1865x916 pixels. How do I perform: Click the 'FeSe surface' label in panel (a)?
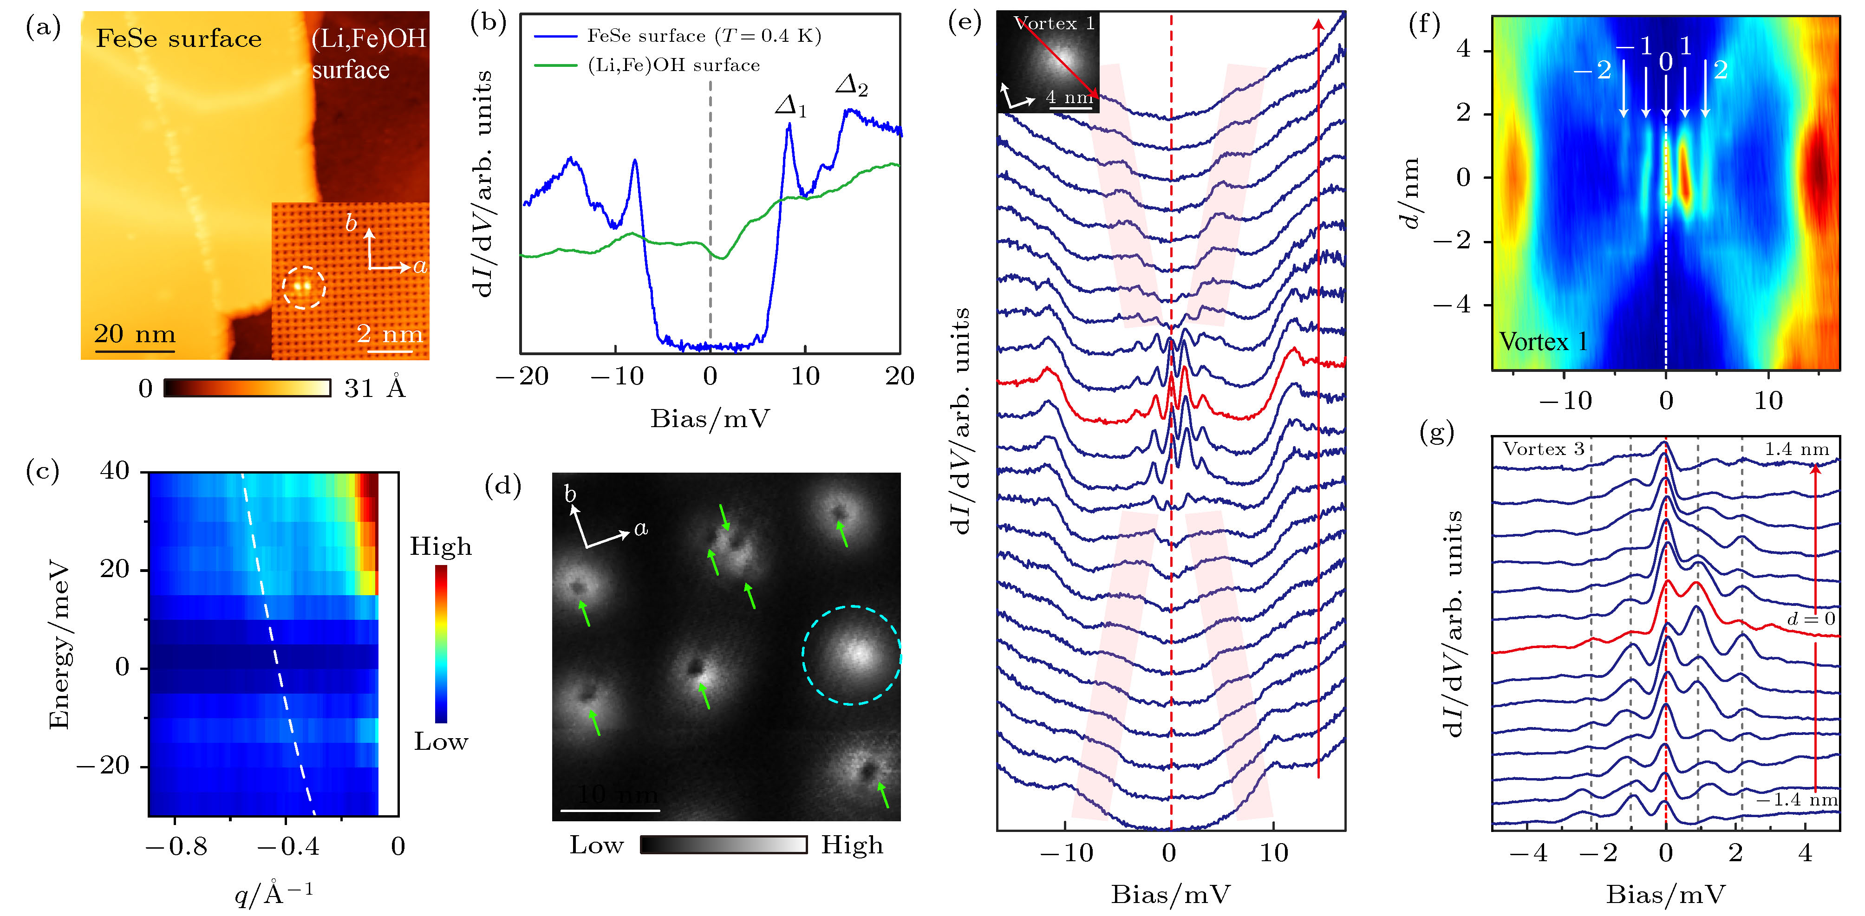coord(179,39)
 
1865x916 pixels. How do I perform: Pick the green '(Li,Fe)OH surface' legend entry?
coord(673,65)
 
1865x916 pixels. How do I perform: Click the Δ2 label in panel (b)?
coord(851,86)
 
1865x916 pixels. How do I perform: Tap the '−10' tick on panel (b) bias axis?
coord(616,376)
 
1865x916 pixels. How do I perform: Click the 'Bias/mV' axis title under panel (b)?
coord(710,419)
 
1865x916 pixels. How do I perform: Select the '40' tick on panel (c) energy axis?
coord(115,471)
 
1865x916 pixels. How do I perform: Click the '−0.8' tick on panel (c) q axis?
coord(176,846)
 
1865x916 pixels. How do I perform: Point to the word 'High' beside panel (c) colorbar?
coord(440,546)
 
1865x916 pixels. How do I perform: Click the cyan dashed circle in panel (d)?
coord(851,655)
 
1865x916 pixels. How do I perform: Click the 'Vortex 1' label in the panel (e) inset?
coord(1053,23)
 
